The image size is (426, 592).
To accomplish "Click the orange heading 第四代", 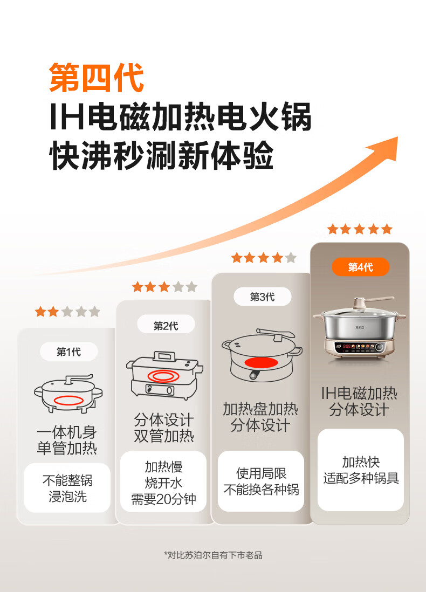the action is (97, 78).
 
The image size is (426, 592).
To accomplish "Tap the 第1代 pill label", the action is (68, 352).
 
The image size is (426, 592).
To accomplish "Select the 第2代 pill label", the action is (166, 326).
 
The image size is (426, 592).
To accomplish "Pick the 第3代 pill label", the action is (262, 297).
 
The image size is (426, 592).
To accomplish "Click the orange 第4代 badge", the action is (360, 267).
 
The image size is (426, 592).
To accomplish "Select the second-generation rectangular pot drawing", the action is (164, 375).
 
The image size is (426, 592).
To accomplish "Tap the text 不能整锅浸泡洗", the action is (67, 488).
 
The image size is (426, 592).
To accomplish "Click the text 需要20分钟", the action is (164, 499).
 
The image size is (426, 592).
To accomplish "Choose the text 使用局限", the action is (262, 473).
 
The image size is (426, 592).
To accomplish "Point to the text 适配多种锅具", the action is (361, 478).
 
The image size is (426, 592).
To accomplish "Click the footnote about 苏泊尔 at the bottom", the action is (213, 555).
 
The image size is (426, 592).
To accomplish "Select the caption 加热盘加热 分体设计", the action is (261, 417).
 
